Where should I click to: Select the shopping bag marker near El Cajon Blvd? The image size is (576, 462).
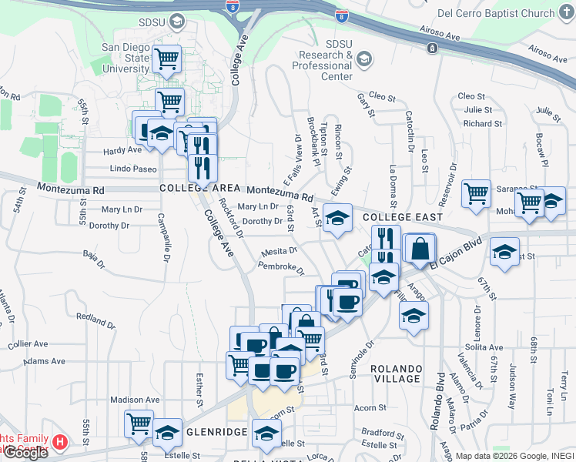[420, 249]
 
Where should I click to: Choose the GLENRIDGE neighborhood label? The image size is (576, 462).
[215, 432]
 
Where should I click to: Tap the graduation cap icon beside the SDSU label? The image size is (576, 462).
[179, 22]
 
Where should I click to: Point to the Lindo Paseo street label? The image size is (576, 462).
[132, 169]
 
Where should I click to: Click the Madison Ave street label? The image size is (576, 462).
[135, 400]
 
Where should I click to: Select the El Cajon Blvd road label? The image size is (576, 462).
[455, 253]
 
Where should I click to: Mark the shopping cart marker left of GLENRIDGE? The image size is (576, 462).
[139, 423]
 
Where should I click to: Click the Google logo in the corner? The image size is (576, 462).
[25, 453]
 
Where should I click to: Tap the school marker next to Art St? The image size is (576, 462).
[337, 219]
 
